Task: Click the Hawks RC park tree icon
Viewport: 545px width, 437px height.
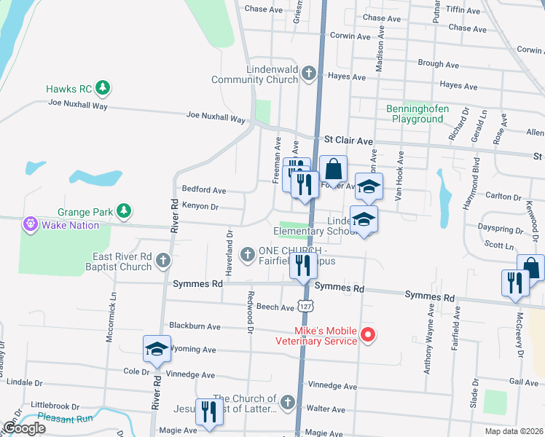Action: tap(103, 89)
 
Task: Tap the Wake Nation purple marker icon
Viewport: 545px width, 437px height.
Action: tap(31, 224)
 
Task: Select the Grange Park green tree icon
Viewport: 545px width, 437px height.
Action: tap(125, 212)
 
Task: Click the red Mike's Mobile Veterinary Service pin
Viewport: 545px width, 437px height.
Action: tap(368, 335)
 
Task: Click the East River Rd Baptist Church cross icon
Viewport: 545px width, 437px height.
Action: tap(162, 259)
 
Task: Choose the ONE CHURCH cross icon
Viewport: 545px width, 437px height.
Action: tap(248, 253)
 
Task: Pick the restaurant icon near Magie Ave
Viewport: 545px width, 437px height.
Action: tap(210, 411)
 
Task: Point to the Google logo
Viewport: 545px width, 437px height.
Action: tap(24, 428)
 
